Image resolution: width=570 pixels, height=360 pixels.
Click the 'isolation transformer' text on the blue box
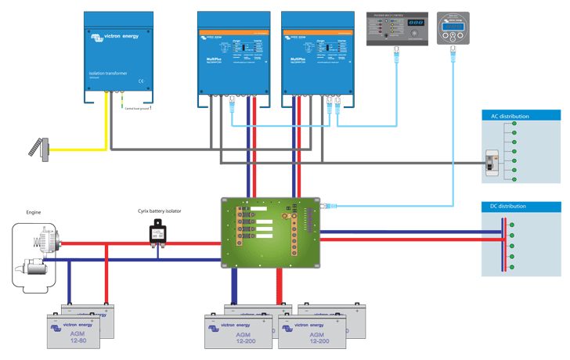point(103,74)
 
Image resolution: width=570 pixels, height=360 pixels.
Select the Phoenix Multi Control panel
point(397,28)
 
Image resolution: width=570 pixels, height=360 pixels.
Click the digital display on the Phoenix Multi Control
point(416,23)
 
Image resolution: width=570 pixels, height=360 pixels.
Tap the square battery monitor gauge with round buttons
point(453,28)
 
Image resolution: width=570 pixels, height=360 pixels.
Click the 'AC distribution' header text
point(510,116)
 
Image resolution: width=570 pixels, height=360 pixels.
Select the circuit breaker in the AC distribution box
point(492,160)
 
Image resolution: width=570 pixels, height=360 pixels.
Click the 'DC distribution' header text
point(510,207)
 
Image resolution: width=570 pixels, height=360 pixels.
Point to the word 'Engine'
point(34,212)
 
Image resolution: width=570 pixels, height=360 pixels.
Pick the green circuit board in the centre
point(270,232)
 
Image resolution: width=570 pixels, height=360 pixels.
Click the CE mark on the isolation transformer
point(140,81)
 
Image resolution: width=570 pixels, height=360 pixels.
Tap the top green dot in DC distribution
point(511,225)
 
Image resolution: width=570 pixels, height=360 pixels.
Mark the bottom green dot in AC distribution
point(514,179)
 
